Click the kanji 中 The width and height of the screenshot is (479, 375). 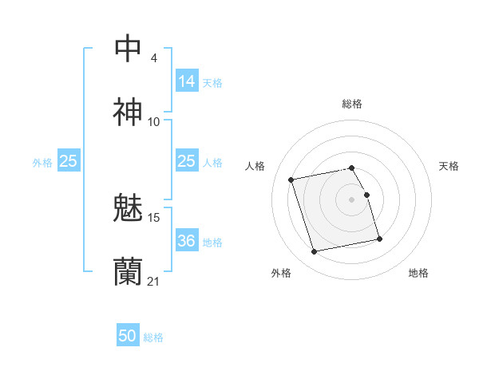(129, 49)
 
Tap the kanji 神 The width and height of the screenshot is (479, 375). (129, 112)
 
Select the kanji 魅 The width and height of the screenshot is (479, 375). (129, 209)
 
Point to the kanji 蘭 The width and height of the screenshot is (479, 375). (129, 271)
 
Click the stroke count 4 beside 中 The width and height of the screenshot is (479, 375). (154, 58)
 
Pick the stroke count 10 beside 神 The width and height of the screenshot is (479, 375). (154, 122)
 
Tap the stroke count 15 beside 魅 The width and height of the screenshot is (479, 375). (154, 218)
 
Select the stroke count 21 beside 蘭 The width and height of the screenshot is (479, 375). (154, 281)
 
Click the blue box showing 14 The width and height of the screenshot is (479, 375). (187, 81)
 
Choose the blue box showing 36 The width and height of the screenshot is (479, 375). (187, 241)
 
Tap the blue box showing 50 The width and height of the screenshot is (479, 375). (128, 337)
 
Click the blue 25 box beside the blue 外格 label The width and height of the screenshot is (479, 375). (69, 161)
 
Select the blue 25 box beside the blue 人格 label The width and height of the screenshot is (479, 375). (187, 161)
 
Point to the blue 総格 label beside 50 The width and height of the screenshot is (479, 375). (153, 337)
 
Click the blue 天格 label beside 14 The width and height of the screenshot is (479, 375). (212, 82)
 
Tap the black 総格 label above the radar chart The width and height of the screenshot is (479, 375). (352, 104)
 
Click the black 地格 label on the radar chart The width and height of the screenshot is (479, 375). (418, 273)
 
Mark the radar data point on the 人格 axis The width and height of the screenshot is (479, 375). (291, 180)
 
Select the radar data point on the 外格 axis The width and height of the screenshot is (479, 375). (315, 251)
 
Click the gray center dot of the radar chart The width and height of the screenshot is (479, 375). (352, 199)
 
